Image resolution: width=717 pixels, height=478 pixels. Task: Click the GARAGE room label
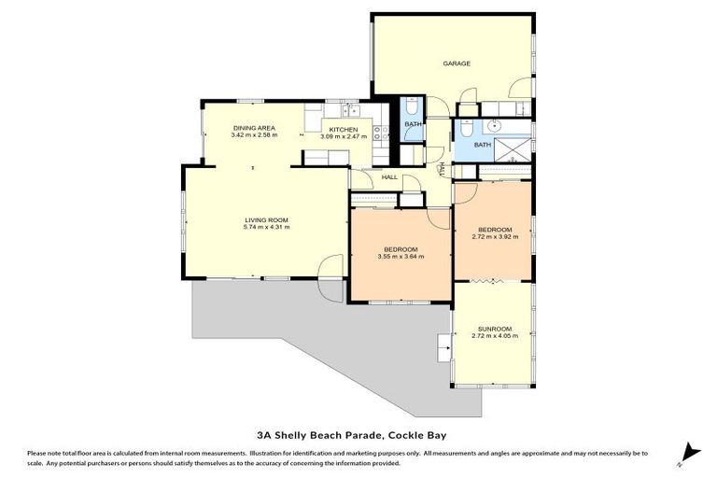coord(457,63)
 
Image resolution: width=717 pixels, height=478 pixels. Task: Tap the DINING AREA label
coord(254,128)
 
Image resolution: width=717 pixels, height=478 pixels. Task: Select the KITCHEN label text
coord(344,130)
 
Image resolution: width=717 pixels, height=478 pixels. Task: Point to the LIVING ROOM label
coord(267,220)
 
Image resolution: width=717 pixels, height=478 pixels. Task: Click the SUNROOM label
coord(495,329)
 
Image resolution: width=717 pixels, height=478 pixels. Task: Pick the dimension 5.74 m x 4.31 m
coord(267,227)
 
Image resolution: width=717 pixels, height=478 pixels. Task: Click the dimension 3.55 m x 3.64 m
coord(401,257)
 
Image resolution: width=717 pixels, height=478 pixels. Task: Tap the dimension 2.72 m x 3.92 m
coord(495,237)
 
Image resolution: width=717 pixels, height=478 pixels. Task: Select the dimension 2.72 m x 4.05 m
coord(495,336)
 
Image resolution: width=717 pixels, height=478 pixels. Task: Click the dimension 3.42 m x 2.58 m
coord(254,135)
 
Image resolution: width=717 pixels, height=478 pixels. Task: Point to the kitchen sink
coord(351,110)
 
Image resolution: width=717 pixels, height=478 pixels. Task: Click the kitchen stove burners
coord(381,134)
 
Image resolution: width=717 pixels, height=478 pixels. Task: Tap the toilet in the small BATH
coord(411,106)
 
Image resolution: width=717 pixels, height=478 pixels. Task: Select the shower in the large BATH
coord(513,149)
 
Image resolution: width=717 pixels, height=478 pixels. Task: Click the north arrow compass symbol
coord(689,454)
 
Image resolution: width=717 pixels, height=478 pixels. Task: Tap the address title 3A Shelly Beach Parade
coord(318,435)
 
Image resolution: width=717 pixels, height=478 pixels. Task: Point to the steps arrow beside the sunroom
coord(443,348)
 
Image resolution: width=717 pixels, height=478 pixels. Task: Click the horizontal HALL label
coord(389,177)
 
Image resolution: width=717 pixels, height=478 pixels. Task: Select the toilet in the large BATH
coord(467,128)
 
